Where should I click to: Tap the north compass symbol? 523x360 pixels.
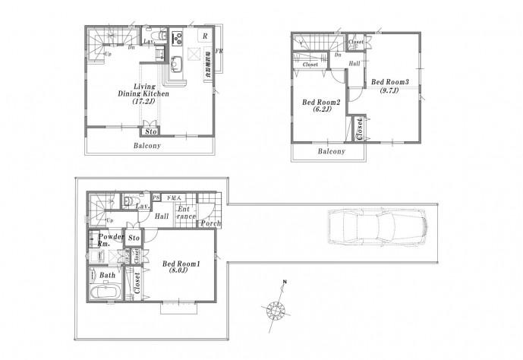coord(274,311)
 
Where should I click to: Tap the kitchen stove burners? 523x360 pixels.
coord(177,37)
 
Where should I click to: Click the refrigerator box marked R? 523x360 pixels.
coord(203,37)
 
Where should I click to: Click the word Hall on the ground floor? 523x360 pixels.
coord(161,216)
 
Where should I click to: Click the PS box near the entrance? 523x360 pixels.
coord(156,197)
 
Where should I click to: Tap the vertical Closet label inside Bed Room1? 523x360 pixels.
coord(137,283)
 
